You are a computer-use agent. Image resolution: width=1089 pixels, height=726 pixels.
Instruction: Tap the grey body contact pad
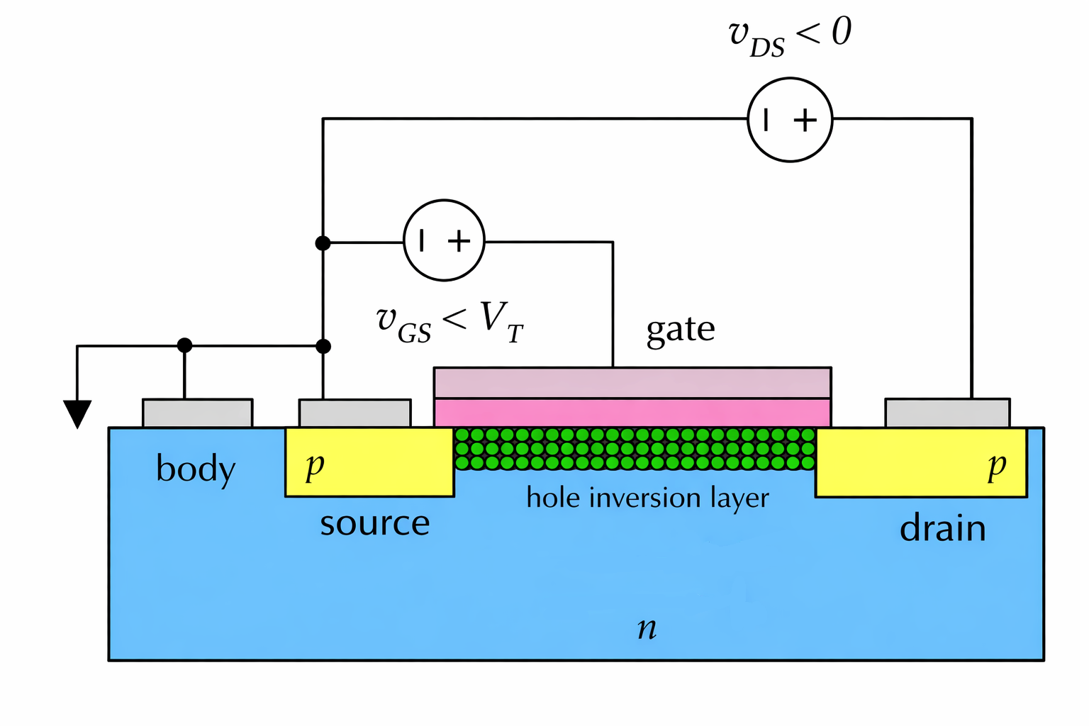197,413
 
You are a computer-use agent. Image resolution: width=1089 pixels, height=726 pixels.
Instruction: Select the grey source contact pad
354,413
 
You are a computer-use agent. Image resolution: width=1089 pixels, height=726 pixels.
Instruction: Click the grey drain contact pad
947,413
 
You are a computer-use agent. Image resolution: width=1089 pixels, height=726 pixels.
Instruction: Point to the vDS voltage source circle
790,120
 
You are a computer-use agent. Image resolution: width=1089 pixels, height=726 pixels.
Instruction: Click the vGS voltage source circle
445,240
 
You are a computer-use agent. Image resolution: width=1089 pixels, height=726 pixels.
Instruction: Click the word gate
681,330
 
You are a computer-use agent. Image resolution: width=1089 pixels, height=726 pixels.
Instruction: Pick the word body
196,469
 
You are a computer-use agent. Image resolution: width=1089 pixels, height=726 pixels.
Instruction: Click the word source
374,524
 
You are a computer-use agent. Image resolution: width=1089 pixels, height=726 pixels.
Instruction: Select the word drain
943,529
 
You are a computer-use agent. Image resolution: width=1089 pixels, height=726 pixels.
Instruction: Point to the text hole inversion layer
647,498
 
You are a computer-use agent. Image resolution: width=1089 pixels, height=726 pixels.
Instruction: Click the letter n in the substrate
647,628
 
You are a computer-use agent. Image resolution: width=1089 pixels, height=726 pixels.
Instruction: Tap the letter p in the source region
315,466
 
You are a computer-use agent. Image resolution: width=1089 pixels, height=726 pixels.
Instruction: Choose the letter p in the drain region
997,466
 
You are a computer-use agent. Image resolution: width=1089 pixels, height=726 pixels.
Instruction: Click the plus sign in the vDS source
805,121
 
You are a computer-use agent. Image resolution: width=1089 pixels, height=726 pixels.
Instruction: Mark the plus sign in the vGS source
459,241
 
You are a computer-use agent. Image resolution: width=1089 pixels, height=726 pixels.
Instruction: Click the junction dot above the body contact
184,345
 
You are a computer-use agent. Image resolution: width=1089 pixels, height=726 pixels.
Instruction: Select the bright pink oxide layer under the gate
632,413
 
